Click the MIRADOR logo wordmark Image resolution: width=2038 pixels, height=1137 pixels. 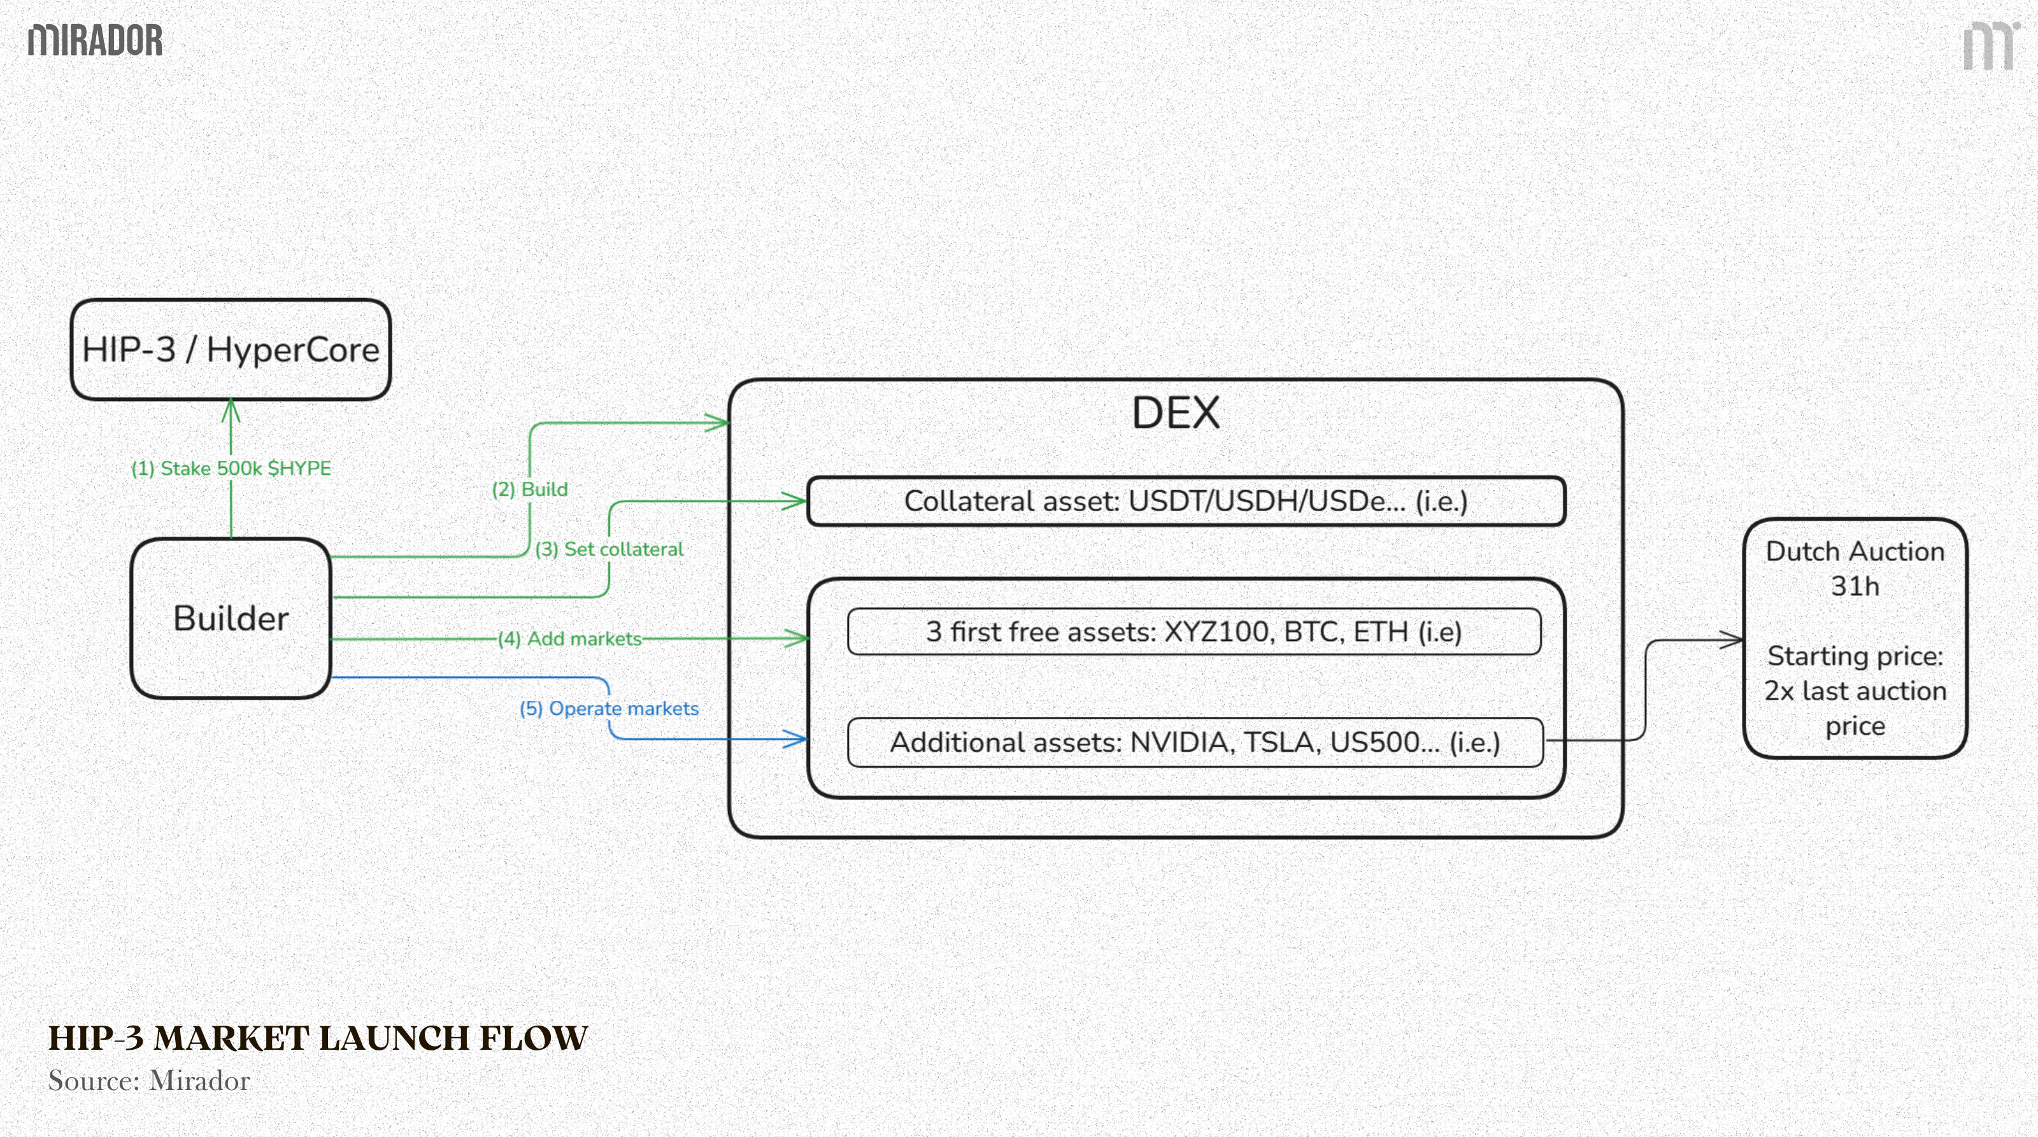coord(95,40)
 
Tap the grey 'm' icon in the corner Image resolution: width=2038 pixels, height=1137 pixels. coord(1989,46)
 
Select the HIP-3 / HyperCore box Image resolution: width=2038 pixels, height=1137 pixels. coord(230,350)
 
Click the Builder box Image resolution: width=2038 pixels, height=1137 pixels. coord(230,618)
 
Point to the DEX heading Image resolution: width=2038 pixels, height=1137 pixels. coord(1176,413)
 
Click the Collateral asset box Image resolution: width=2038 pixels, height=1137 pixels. coord(1185,501)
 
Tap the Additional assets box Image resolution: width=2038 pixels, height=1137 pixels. coord(1195,742)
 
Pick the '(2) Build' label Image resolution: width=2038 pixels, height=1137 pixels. coord(530,490)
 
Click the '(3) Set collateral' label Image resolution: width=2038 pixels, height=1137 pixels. coord(609,549)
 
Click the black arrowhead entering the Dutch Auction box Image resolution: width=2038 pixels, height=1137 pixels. coord(1732,640)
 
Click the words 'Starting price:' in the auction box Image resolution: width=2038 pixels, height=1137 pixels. coord(1855,656)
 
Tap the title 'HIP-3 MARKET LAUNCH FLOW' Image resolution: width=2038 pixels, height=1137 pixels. coord(317,1038)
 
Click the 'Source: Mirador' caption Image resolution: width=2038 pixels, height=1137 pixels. coord(149,1081)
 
